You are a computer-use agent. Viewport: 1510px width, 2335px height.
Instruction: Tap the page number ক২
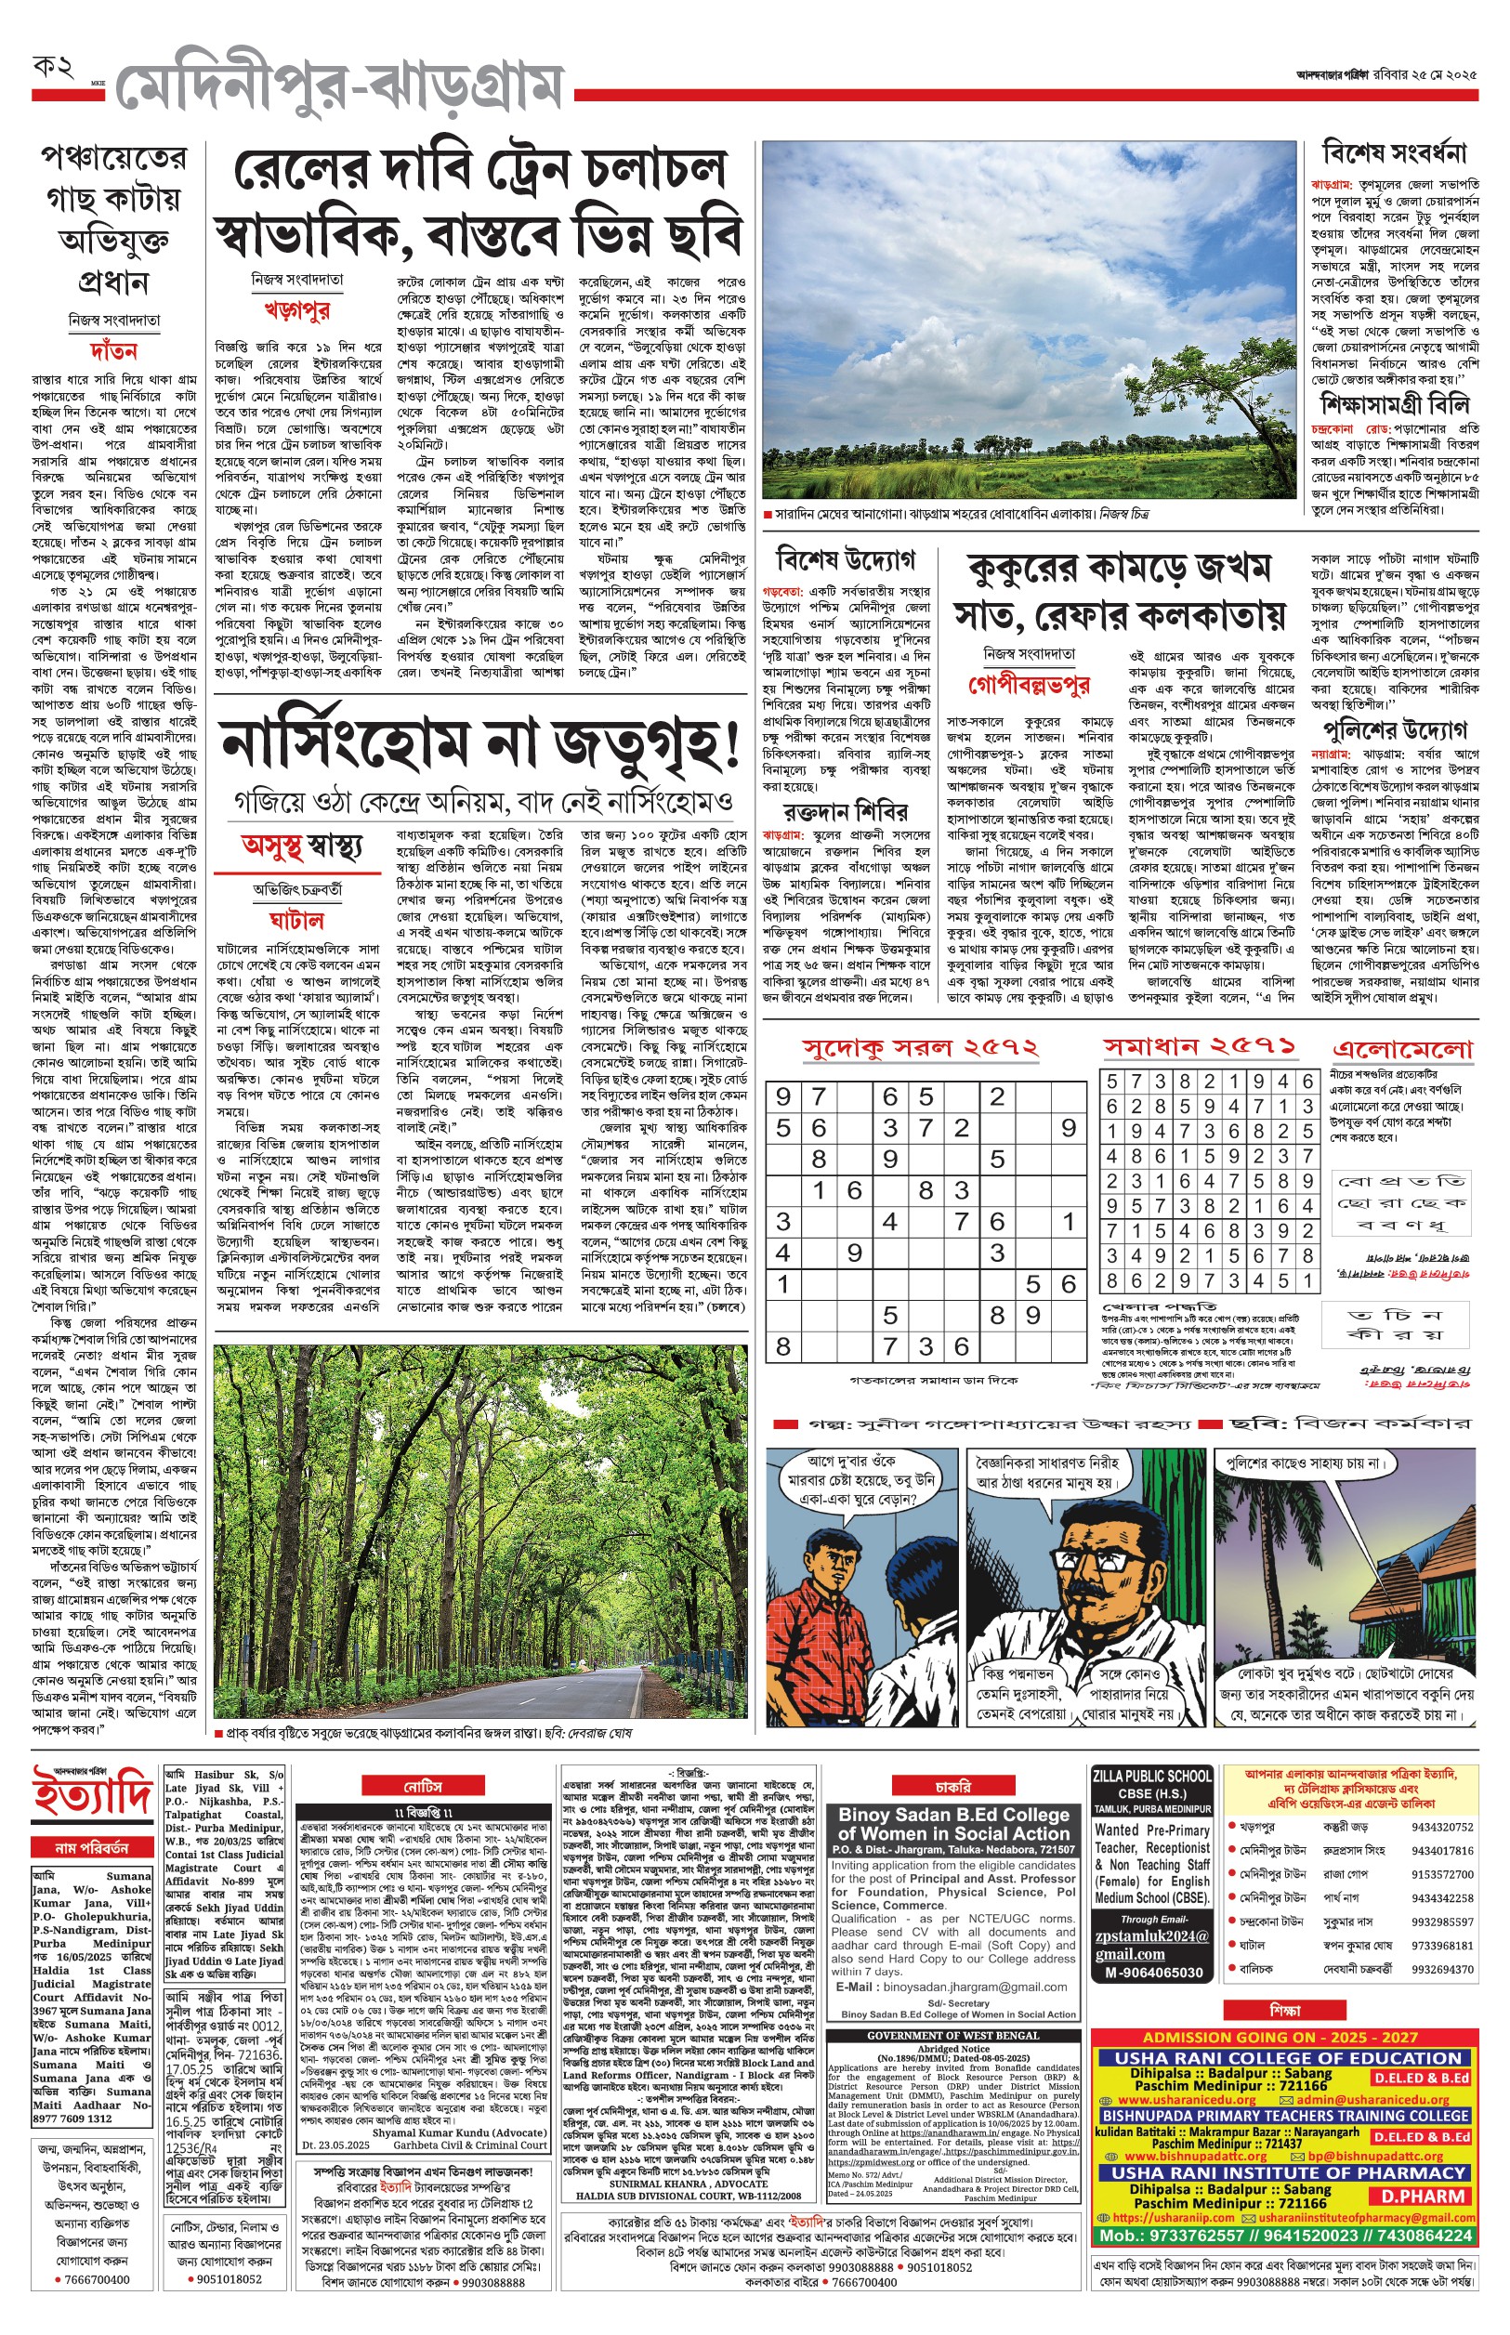[x=54, y=68]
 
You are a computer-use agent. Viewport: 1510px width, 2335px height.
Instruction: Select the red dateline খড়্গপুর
[x=297, y=310]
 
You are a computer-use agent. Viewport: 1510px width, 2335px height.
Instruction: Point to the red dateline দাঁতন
[x=113, y=350]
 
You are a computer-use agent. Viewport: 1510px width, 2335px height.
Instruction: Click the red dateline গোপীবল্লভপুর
[x=1029, y=683]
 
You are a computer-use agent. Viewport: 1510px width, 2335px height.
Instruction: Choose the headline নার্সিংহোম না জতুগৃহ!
[x=479, y=748]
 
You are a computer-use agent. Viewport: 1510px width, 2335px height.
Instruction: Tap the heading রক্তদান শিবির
[x=846, y=812]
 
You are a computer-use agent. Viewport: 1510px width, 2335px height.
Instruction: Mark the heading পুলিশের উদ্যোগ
[x=1394, y=729]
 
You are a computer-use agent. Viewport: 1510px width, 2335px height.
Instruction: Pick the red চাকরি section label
[x=952, y=1786]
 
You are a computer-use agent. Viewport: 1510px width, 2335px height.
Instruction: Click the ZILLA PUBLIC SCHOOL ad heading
[x=1152, y=1776]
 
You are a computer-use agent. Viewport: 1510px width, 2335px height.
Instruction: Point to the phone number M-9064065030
[x=1152, y=1973]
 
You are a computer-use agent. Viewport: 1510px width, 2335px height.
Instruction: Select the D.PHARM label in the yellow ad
[x=1422, y=2197]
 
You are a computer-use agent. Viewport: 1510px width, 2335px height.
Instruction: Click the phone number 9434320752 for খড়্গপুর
[x=1441, y=1828]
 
